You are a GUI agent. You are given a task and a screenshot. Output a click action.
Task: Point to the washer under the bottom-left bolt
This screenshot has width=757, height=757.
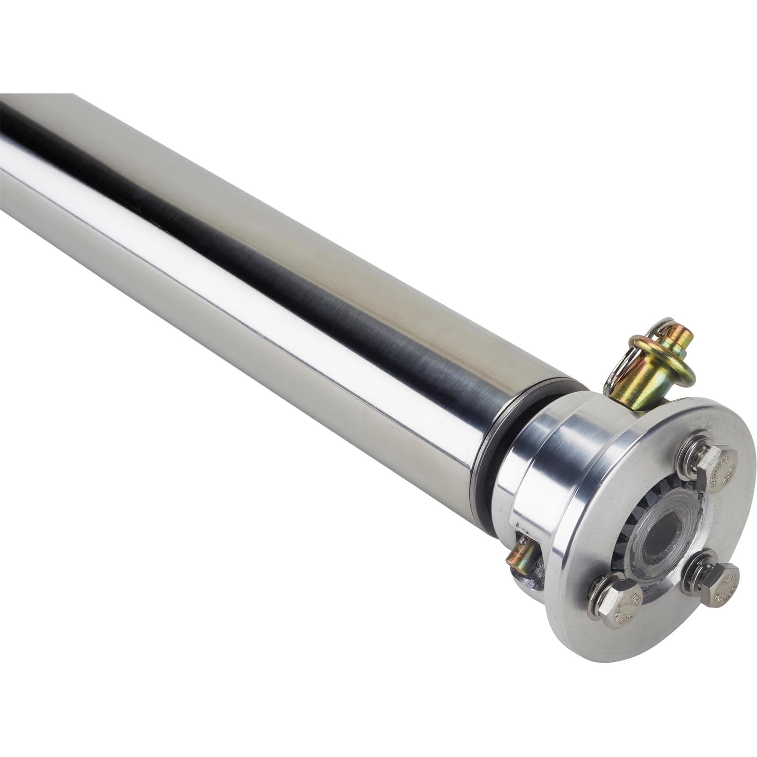(x=597, y=597)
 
